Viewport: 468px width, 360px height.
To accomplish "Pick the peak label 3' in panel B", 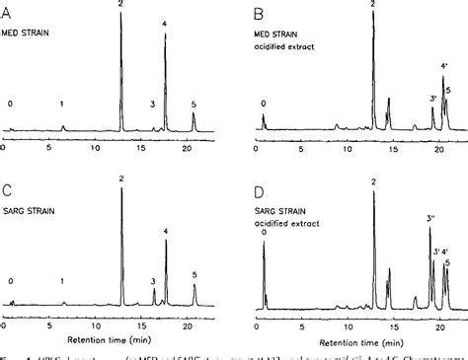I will (432, 99).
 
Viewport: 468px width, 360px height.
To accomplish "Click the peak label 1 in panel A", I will (62, 103).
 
